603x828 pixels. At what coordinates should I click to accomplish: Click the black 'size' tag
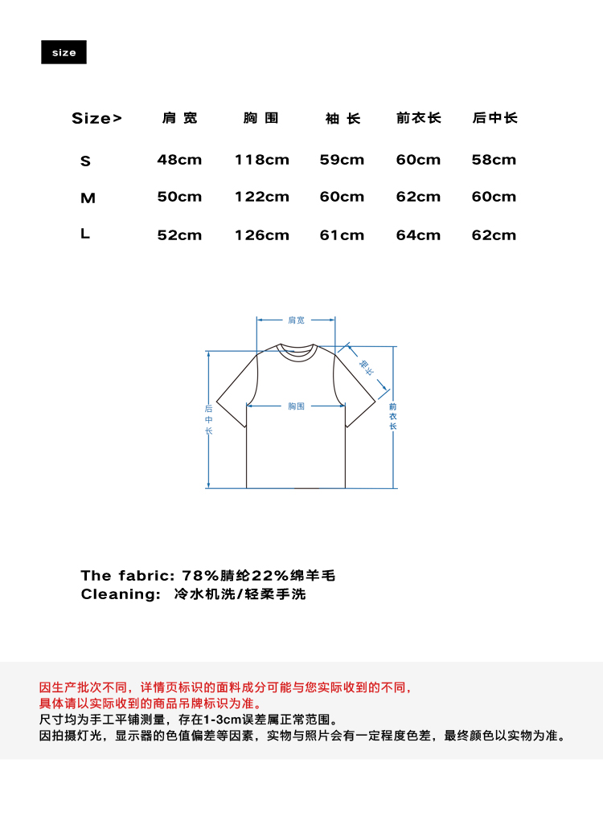coord(64,52)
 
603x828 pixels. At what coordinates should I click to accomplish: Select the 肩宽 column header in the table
coord(179,118)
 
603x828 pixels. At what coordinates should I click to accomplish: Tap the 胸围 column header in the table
coord(261,118)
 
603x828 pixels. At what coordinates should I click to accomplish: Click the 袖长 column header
coord(343,119)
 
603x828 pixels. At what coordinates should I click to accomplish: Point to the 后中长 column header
coord(494,118)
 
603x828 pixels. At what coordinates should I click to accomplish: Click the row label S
coord(86,161)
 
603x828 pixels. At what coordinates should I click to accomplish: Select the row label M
coord(88,198)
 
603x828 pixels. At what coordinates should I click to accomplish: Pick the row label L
coord(85,235)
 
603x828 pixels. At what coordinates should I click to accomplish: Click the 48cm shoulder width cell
coord(179,160)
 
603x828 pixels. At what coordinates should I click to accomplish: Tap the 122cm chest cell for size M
coord(261,197)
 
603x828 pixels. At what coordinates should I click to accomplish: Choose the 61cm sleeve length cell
coord(342,235)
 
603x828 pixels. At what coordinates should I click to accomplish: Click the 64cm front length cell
coord(418,235)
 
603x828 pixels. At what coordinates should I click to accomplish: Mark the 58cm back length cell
coord(494,160)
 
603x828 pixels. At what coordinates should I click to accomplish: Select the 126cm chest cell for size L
coord(261,235)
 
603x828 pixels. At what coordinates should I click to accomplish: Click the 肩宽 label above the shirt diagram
coord(296,320)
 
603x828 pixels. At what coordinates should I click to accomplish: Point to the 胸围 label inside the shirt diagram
coord(296,406)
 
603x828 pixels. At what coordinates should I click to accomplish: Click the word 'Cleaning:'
coord(121,594)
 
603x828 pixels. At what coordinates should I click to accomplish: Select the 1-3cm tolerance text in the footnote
coord(219,719)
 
